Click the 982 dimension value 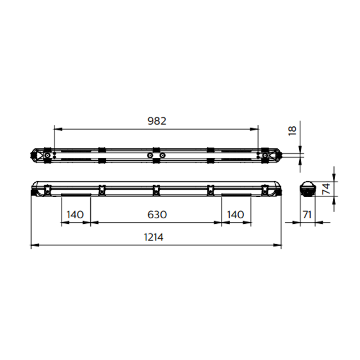coord(156,120)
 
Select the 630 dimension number coord(156,214)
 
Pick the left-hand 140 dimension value coord(75,214)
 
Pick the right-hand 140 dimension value coord(236,214)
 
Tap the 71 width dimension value coord(307,214)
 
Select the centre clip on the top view coord(156,156)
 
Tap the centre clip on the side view coord(156,189)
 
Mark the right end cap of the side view coord(276,189)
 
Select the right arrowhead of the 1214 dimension coord(280,244)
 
